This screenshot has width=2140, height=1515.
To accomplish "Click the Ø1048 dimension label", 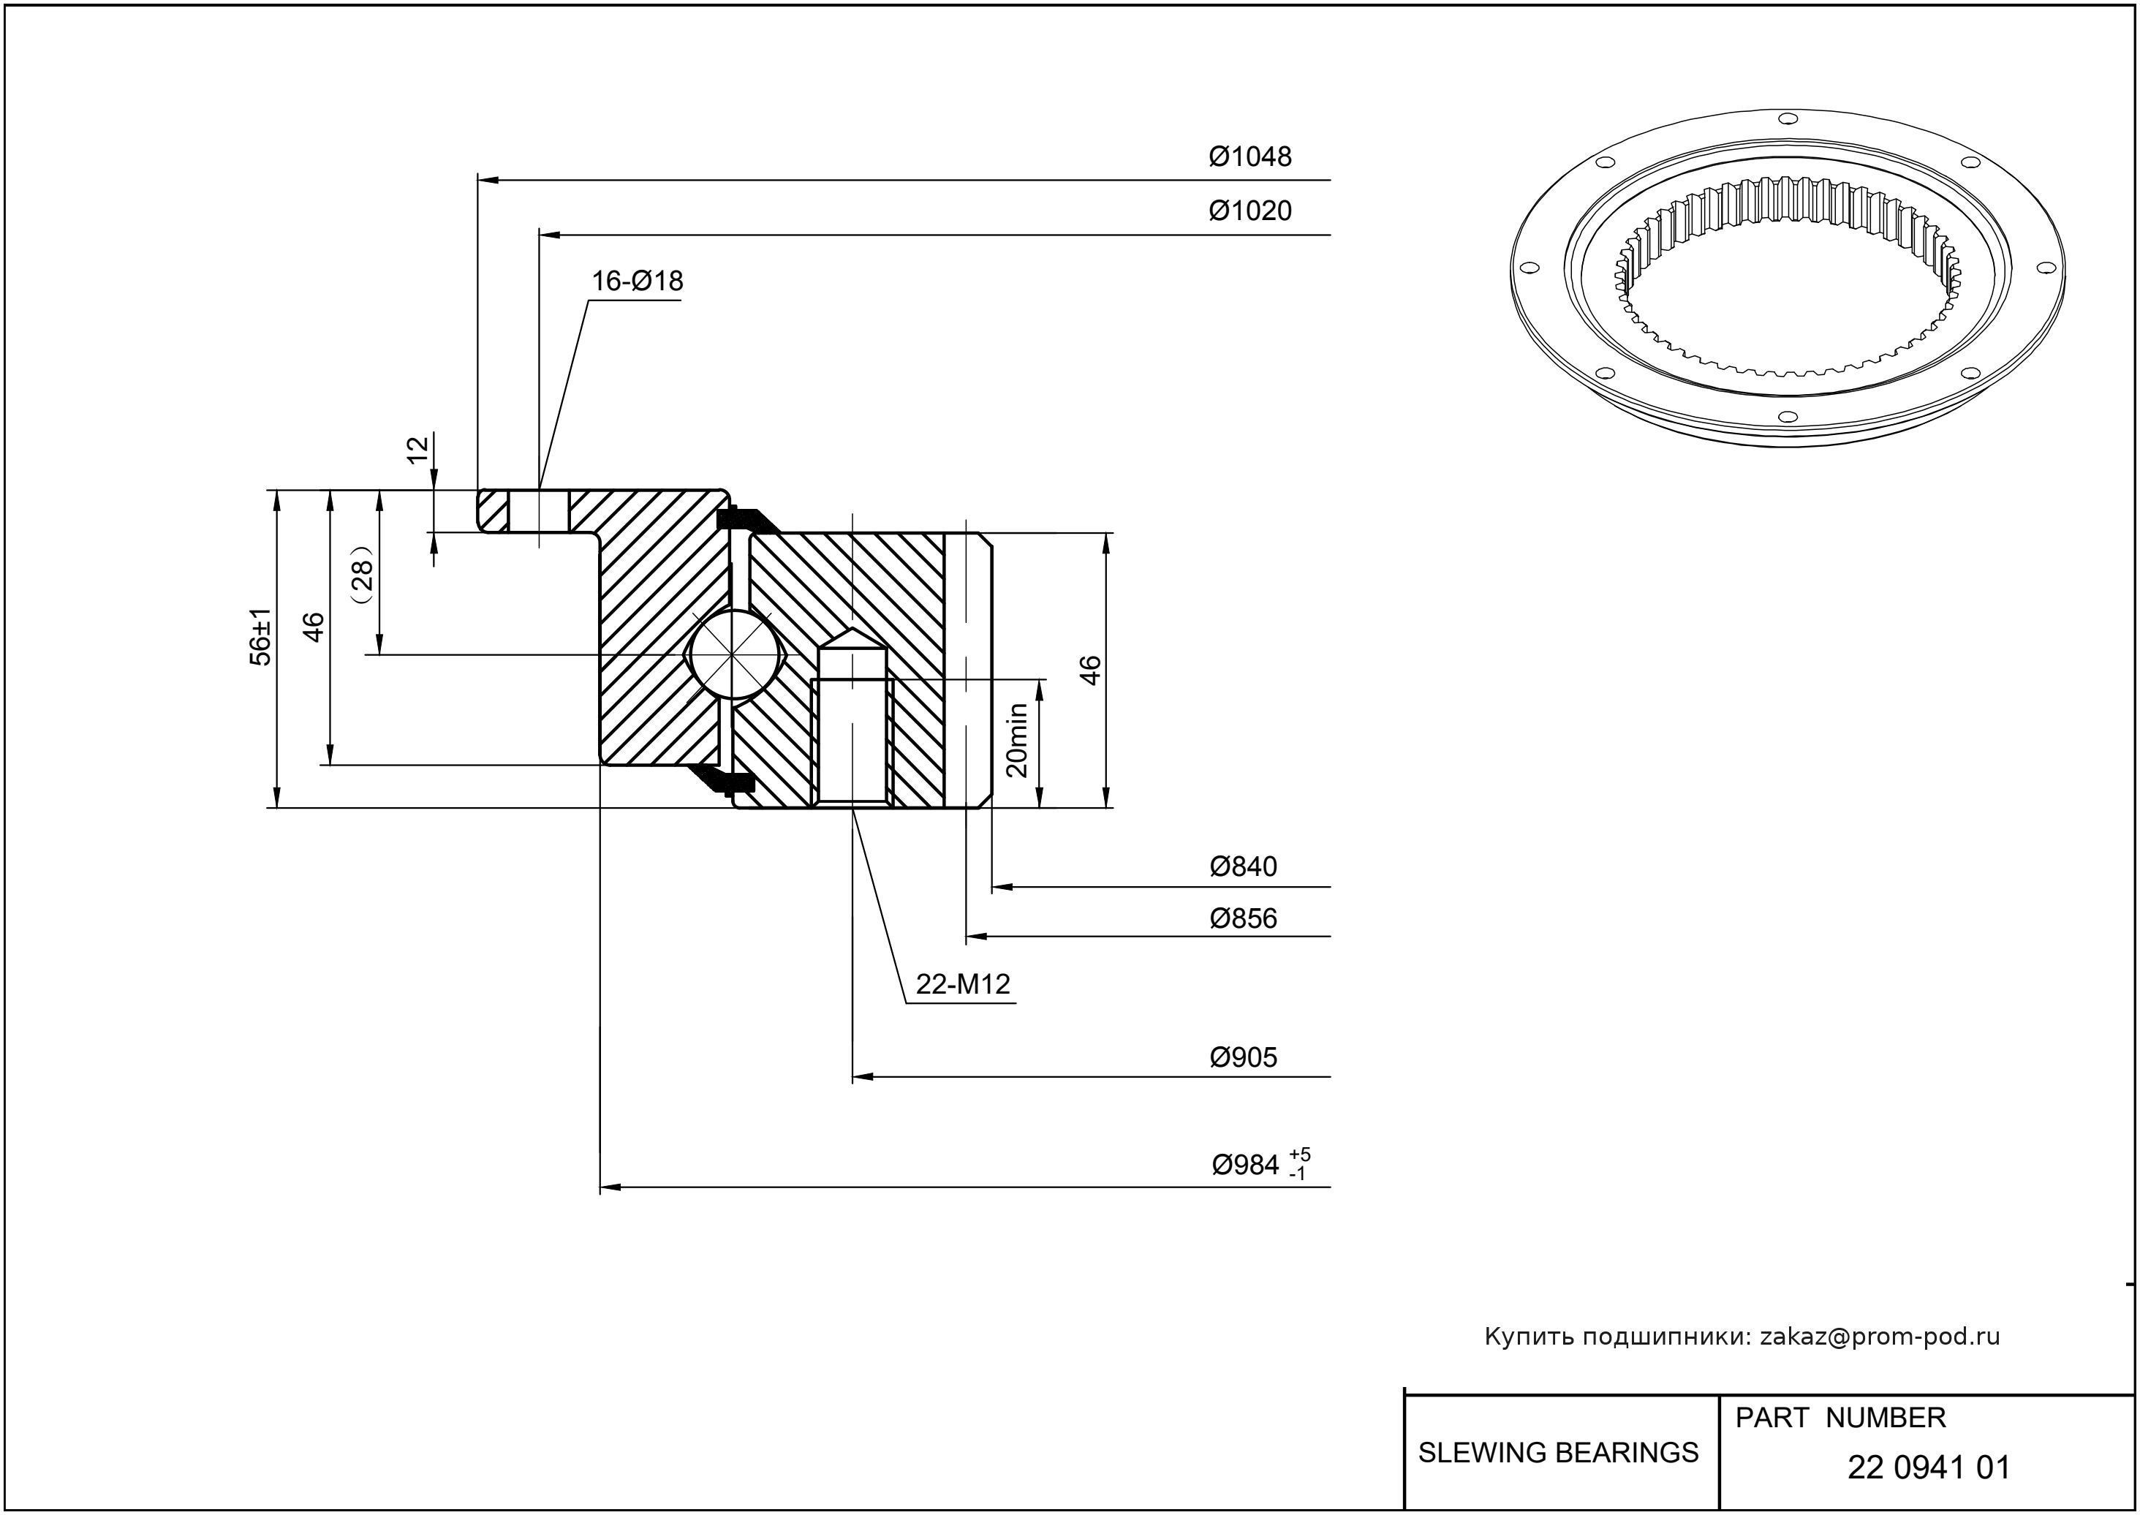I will point(1250,156).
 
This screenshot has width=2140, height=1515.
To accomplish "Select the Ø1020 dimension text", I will point(1250,211).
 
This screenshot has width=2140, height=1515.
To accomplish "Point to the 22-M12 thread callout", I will point(963,984).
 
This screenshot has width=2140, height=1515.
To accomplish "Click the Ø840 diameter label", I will point(1243,866).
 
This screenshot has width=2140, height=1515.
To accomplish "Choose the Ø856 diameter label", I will point(1243,919).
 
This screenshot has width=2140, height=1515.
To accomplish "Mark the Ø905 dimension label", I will point(1243,1058).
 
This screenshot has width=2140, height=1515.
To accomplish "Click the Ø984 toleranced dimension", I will point(1260,1165).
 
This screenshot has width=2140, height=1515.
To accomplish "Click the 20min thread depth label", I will point(1017,740).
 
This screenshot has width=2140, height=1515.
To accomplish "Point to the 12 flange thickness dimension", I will point(419,449).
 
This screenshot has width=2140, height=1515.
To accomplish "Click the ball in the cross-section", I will point(734,654).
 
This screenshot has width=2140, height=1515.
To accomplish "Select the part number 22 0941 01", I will point(1928,1467).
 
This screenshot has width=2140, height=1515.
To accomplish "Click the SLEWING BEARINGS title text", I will point(1558,1453).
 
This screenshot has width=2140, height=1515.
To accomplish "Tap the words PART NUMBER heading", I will point(1840,1418).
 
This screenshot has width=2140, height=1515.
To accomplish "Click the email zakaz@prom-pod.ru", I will point(1879,1337).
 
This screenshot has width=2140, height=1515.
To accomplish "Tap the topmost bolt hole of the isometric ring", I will point(1788,118).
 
